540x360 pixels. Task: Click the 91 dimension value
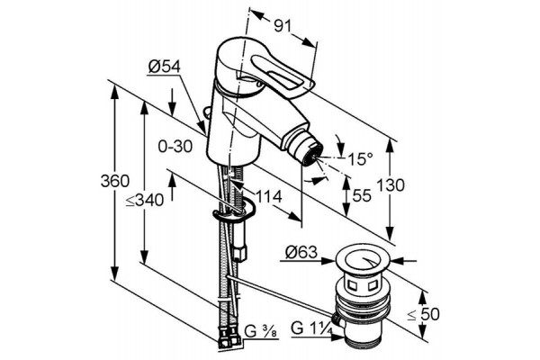[x=283, y=26]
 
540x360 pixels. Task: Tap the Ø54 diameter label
[x=165, y=67]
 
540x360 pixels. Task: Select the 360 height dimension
[x=115, y=181]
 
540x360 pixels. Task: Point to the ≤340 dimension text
[x=144, y=200]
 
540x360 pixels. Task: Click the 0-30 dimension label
[x=175, y=147]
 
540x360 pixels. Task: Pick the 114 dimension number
[x=268, y=197]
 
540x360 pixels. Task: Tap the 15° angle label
[x=360, y=158]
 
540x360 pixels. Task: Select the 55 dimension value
[x=362, y=195]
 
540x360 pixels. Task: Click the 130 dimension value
[x=391, y=185]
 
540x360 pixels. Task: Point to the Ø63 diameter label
[x=301, y=253]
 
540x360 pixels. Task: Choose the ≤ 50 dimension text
[x=423, y=314]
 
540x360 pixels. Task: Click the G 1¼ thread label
[x=311, y=328]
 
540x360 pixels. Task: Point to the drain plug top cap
[x=363, y=262]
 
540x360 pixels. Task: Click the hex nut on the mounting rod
[x=239, y=253]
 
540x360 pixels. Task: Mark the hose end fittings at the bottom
[x=229, y=338]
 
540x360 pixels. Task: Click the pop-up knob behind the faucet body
[x=207, y=112]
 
